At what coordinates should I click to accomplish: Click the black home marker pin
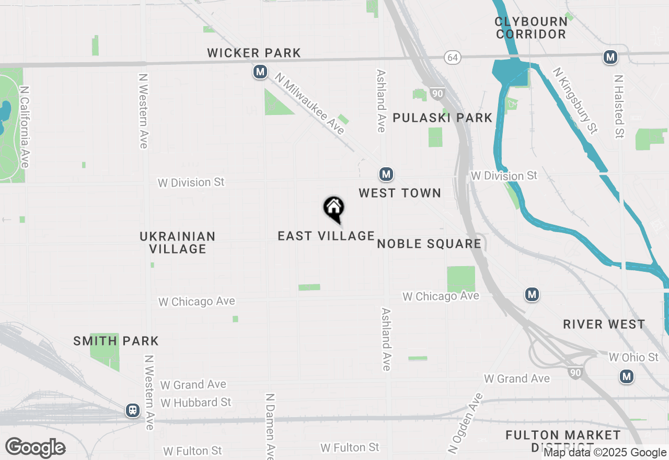point(333,208)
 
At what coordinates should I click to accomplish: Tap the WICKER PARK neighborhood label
point(254,53)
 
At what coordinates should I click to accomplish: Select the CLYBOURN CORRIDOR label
point(531,28)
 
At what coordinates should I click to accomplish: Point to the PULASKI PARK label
point(442,118)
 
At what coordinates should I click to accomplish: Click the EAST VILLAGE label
point(326,236)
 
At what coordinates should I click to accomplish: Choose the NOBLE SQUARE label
point(429,244)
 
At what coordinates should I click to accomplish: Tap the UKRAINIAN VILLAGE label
point(177,243)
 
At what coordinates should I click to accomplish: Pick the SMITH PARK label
point(116,341)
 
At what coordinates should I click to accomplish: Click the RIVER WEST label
point(604,324)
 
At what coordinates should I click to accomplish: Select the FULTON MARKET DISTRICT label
point(563,441)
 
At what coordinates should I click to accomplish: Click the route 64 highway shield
point(453,57)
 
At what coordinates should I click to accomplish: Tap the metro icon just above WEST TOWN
point(386,174)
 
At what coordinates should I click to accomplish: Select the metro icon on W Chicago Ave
point(532,295)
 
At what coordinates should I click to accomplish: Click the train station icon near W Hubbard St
point(133,410)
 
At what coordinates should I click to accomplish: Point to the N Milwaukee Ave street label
point(310,103)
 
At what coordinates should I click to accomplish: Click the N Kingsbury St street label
point(575,100)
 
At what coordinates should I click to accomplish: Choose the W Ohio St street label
point(633,358)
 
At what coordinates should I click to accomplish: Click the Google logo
point(35,448)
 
